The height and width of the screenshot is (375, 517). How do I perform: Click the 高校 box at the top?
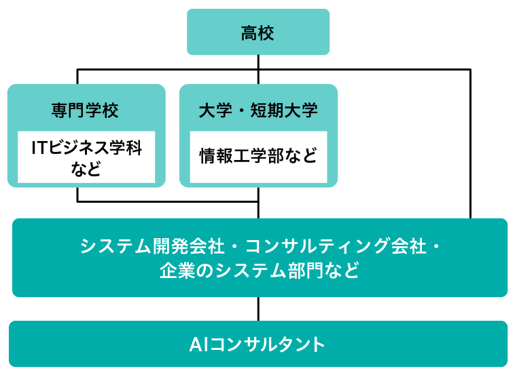point(258,32)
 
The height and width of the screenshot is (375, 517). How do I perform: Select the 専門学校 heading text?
point(85,110)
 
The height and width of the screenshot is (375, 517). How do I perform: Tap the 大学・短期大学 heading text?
point(258,110)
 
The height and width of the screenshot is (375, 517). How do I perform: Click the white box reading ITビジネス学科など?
point(86,157)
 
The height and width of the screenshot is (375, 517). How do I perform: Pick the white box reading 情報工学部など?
point(258,157)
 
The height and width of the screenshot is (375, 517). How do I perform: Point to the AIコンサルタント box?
point(258,344)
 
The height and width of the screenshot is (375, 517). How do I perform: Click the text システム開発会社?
point(152,246)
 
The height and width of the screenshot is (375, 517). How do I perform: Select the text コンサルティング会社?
point(336,246)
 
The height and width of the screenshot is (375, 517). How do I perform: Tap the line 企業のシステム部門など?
point(260,271)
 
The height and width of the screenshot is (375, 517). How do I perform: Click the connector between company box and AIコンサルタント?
point(258,309)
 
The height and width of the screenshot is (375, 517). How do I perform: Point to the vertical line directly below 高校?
point(258,69)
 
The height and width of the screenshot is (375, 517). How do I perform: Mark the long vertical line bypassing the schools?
point(471,144)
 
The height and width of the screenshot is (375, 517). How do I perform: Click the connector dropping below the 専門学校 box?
point(77,194)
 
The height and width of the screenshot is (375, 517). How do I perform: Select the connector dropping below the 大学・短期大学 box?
point(258,203)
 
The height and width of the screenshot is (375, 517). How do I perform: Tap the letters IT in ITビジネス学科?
point(40,148)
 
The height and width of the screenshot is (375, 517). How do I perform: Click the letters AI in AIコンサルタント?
point(199,344)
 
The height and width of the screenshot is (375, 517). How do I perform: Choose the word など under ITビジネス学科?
point(86,168)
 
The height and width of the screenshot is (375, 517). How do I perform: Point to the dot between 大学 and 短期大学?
point(241,111)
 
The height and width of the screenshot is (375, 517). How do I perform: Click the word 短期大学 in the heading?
point(284,110)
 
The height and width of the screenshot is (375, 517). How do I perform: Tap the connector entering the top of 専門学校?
point(77,77)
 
